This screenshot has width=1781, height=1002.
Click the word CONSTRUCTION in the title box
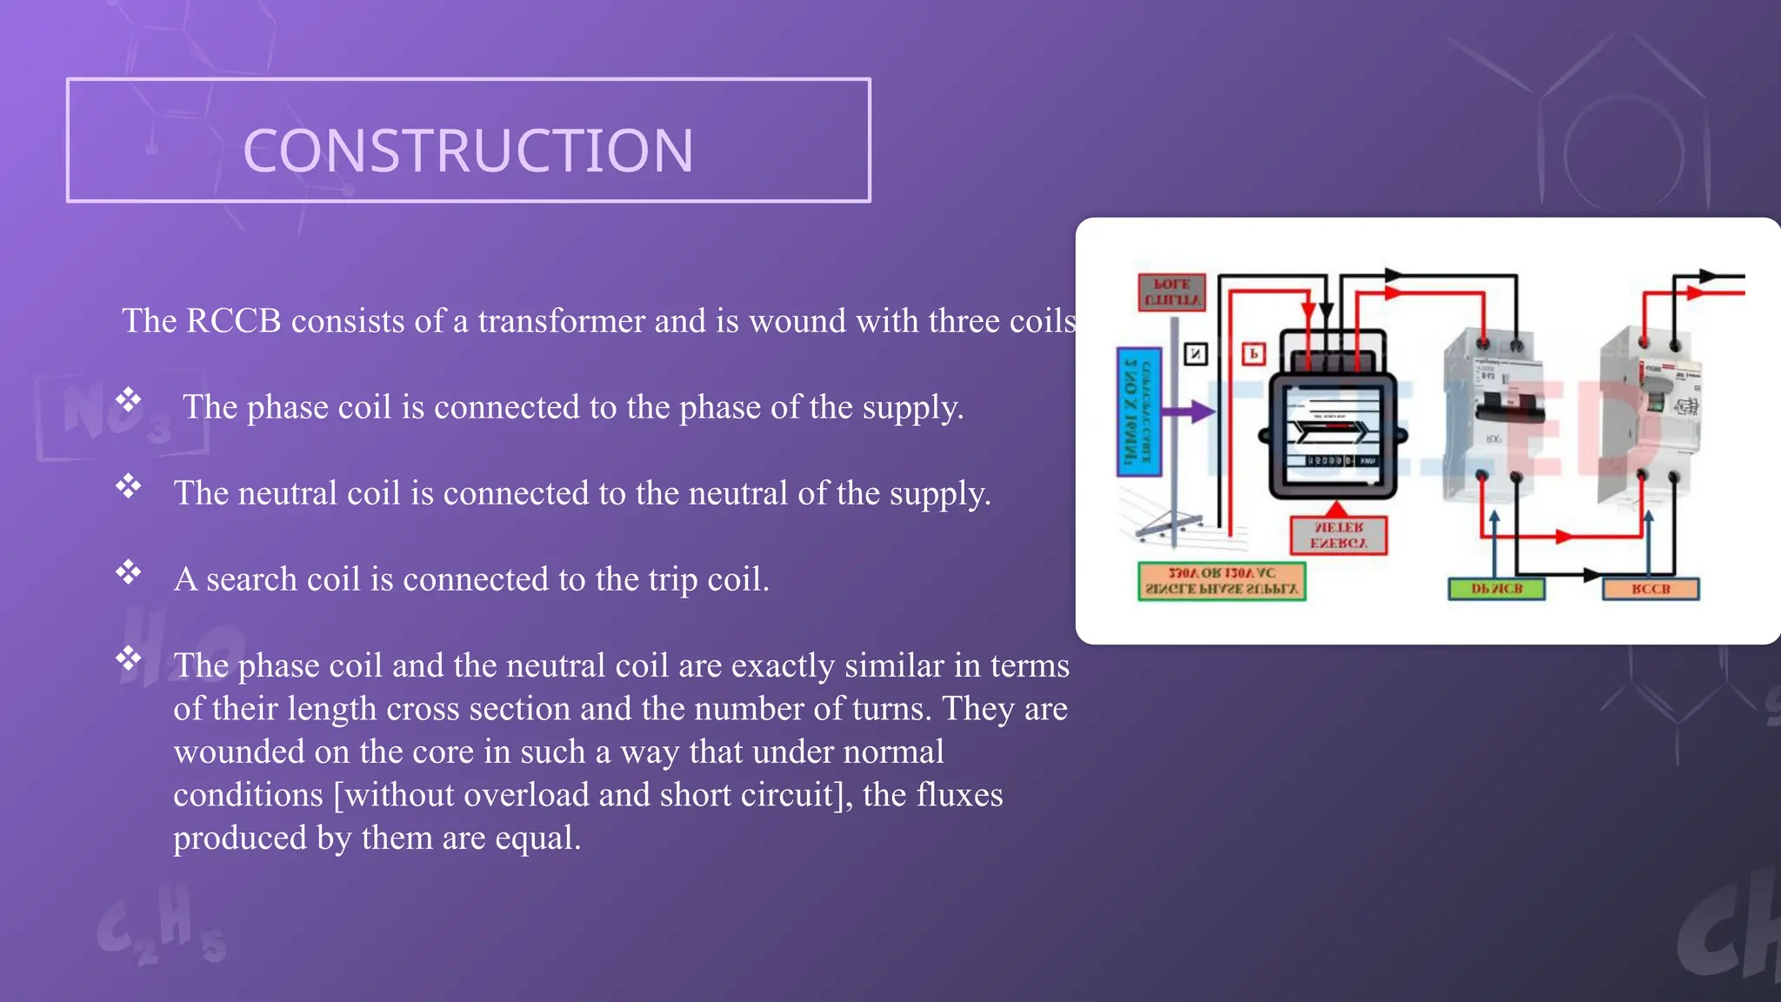[x=468, y=150]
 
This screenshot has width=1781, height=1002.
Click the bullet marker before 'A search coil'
[x=129, y=571]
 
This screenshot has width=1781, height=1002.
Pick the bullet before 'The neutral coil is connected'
[x=129, y=485]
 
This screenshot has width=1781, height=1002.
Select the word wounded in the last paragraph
[x=239, y=751]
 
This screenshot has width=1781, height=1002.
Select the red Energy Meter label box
[x=1337, y=536]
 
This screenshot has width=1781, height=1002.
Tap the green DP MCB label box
[x=1496, y=589]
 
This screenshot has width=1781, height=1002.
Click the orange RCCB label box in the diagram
[x=1651, y=589]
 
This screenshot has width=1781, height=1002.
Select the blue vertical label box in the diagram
[x=1138, y=411]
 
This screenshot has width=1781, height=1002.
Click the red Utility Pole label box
[x=1172, y=291]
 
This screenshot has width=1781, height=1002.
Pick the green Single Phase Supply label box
[x=1222, y=581]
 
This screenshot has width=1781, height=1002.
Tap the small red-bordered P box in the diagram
[x=1253, y=354]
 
